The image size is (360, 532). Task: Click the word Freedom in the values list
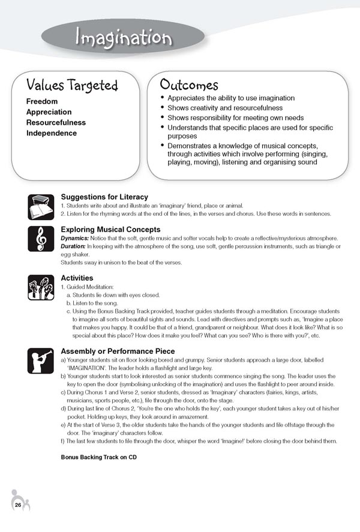(x=42, y=101)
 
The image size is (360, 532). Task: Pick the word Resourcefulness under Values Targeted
(x=56, y=122)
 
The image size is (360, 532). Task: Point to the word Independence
(x=51, y=133)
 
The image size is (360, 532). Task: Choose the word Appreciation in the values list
(x=49, y=112)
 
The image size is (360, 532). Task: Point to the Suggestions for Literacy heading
(x=104, y=197)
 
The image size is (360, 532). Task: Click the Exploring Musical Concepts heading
(x=110, y=229)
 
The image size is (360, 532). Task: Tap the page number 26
(x=19, y=504)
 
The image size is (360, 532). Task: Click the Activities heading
(x=77, y=278)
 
